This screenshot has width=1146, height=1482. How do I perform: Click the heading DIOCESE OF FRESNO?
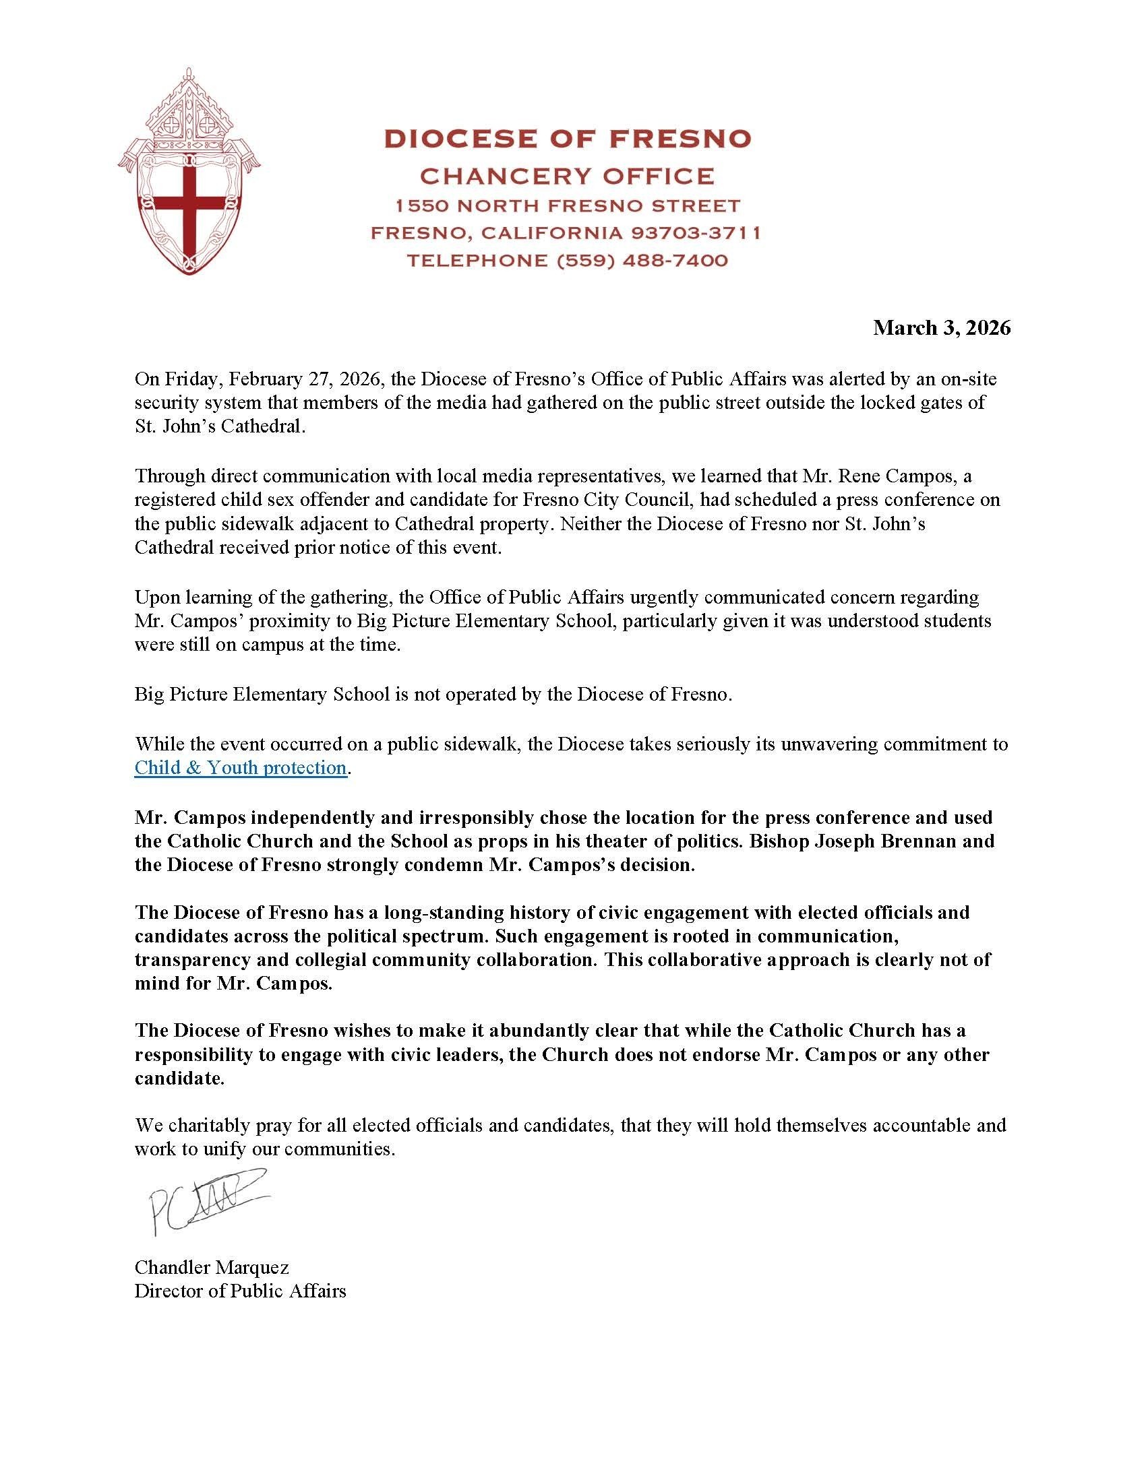click(x=567, y=138)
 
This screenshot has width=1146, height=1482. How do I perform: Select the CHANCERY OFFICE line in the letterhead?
click(x=567, y=176)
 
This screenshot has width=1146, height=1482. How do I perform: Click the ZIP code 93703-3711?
click(x=695, y=234)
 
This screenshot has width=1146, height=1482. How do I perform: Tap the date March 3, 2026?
click(x=941, y=329)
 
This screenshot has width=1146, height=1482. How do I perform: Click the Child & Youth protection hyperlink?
click(x=241, y=767)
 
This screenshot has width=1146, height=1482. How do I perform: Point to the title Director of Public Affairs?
click(x=241, y=1291)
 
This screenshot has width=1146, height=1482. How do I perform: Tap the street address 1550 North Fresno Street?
click(x=567, y=205)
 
